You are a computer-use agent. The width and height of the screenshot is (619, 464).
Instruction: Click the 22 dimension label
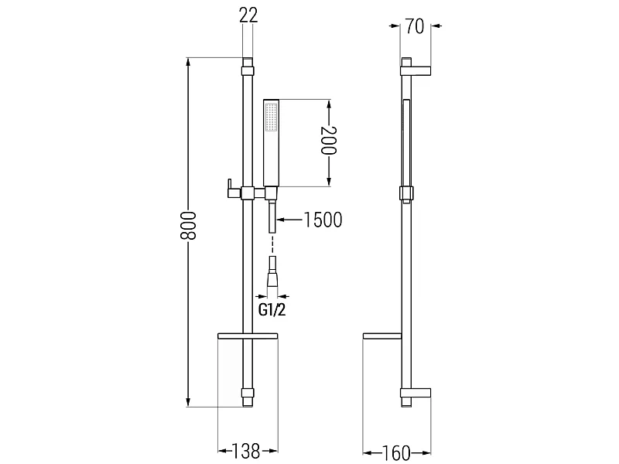pos(248,15)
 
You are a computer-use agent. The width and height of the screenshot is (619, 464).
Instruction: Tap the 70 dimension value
pos(415,26)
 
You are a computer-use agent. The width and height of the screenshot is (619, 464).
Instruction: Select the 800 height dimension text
pos(188,226)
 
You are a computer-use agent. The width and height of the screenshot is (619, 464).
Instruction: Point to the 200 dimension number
pos(328,141)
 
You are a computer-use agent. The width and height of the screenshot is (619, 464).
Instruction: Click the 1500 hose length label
pos(323,220)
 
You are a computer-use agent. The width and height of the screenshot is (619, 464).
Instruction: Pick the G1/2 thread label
pos(272,310)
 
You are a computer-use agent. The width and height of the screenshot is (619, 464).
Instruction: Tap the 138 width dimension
pos(245,452)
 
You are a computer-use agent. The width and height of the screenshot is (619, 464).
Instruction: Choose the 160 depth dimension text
pos(396,453)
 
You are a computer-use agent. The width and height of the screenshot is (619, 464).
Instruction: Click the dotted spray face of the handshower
pos(272,117)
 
